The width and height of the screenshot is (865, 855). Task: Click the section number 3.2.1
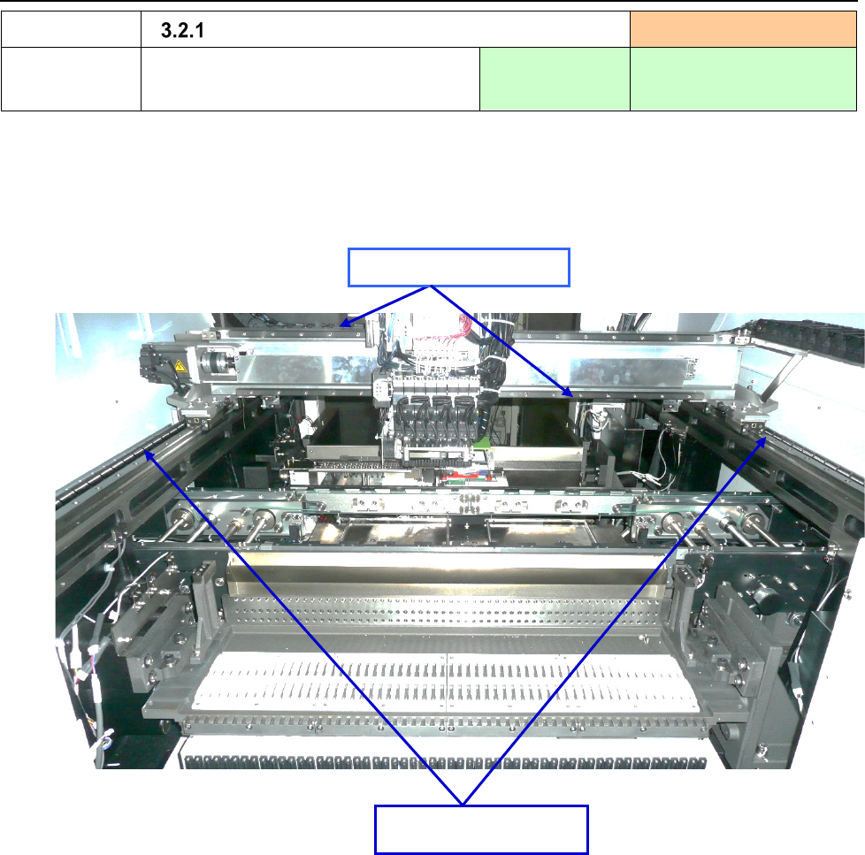coord(182,30)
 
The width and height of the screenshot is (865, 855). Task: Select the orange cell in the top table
coord(743,29)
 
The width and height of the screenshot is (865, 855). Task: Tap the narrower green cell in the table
coord(555,79)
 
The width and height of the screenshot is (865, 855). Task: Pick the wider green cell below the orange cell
coord(743,79)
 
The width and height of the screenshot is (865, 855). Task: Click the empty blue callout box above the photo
coord(459,268)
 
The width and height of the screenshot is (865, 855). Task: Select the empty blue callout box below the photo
coord(482,829)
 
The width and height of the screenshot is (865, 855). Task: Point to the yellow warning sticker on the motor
coord(180,366)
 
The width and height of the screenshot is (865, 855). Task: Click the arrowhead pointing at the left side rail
coord(149,455)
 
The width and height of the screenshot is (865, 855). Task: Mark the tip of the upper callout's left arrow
coord(339,326)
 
